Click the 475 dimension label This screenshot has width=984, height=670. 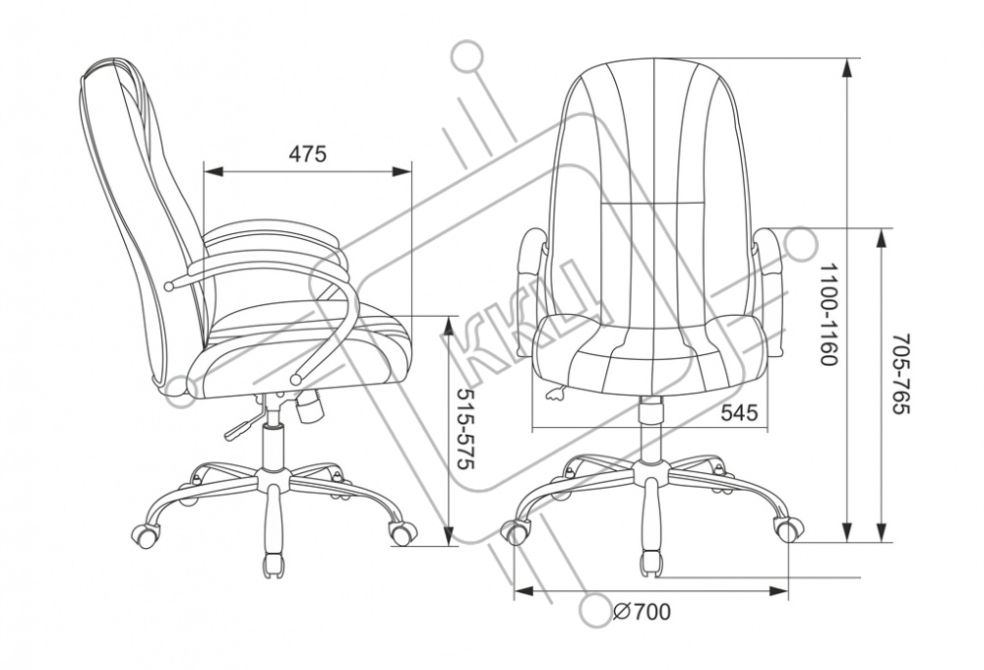point(307,154)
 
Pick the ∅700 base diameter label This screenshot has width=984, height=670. point(642,613)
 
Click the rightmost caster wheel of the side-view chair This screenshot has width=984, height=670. point(402,533)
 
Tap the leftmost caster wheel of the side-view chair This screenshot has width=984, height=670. point(145,536)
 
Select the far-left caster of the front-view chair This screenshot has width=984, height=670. point(516,531)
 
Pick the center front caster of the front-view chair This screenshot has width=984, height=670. point(650,563)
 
